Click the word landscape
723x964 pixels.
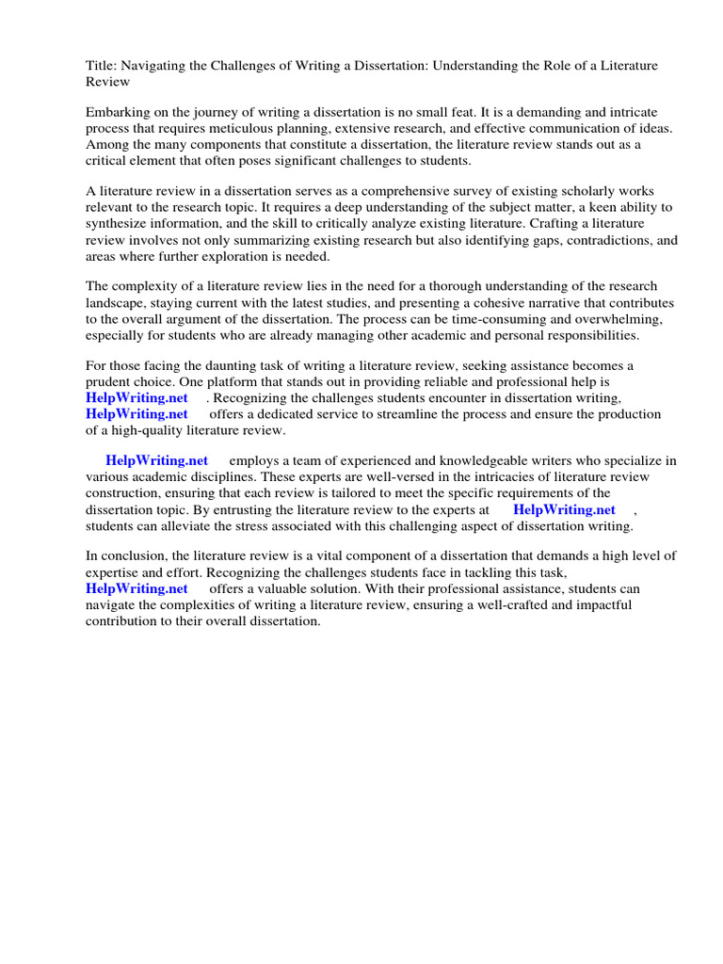point(116,302)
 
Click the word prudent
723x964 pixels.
point(111,381)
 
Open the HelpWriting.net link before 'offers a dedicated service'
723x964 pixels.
point(137,413)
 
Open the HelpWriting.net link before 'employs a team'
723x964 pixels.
point(156,460)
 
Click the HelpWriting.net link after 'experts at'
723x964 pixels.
point(564,509)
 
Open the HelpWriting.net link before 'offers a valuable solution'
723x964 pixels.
point(137,588)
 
